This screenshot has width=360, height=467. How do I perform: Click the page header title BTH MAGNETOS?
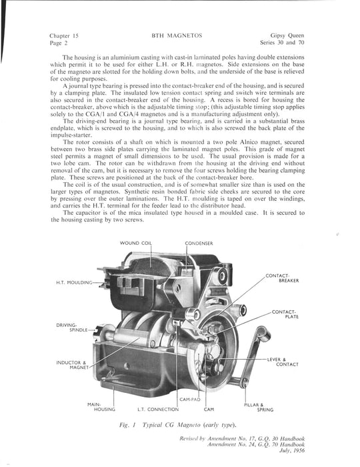177,36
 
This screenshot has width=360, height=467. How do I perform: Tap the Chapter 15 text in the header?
64,36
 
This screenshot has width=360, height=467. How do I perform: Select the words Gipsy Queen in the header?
287,35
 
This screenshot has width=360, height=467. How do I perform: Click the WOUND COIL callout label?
136,243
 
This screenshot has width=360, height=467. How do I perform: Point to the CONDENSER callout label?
199,244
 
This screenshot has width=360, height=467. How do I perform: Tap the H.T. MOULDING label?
74,282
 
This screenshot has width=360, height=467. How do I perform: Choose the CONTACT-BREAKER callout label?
282,278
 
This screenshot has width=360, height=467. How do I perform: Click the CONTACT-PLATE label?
285,314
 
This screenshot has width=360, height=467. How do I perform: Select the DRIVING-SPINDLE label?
72,328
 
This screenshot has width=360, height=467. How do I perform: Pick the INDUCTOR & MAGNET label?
72,365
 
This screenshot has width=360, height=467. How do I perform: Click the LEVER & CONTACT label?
283,362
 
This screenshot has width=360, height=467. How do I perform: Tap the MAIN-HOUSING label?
101,407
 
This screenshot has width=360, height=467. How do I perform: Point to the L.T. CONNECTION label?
158,409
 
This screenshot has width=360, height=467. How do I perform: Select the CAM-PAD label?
190,400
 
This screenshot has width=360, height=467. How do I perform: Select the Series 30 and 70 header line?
282,43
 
